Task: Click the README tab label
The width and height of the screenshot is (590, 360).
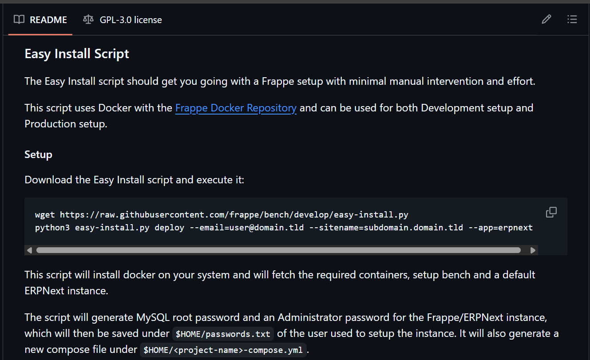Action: (48, 20)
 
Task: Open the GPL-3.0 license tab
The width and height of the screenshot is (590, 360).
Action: (131, 20)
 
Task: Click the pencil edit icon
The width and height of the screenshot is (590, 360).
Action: (546, 19)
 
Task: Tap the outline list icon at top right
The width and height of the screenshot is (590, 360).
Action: (572, 19)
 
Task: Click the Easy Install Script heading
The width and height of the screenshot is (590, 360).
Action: (77, 54)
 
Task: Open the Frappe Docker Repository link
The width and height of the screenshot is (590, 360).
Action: (236, 108)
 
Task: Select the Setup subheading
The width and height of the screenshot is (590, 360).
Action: (39, 154)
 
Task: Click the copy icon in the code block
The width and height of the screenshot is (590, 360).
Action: (551, 212)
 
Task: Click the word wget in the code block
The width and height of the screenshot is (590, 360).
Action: (45, 215)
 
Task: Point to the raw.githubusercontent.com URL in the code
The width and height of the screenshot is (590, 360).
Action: (234, 215)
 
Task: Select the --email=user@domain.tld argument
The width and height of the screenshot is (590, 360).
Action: (247, 228)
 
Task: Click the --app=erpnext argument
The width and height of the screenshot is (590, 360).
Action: (500, 228)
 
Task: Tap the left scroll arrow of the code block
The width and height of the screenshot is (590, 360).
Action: (29, 250)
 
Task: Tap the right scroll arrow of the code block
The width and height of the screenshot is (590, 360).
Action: (533, 250)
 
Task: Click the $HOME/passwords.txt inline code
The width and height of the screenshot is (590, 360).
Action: (223, 334)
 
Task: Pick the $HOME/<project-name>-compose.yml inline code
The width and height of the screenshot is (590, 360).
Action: (223, 350)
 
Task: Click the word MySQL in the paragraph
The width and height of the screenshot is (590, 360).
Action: (153, 317)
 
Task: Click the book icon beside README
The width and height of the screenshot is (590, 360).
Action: (19, 20)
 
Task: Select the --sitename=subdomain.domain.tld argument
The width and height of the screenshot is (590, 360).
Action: (386, 228)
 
